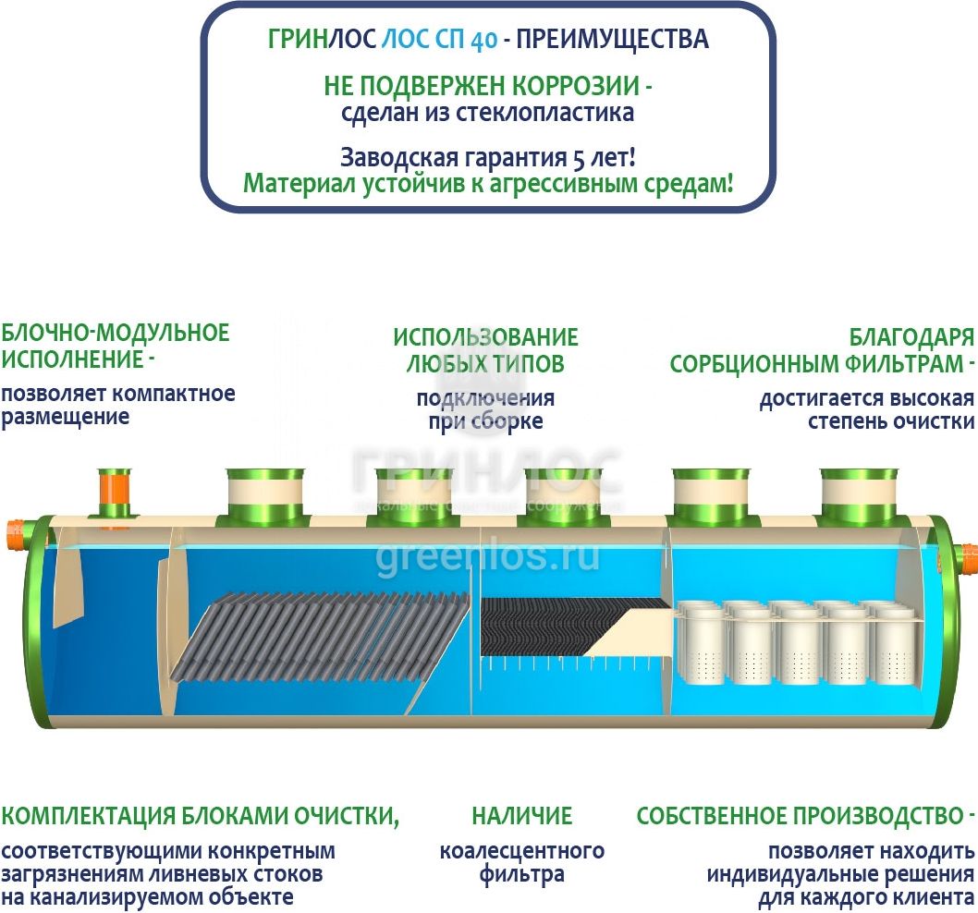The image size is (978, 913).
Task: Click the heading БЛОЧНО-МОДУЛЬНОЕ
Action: (116, 333)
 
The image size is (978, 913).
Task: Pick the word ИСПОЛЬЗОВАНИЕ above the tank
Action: (485, 336)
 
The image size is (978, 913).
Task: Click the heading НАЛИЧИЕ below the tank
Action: (522, 816)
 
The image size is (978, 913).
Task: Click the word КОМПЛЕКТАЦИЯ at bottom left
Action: (86, 816)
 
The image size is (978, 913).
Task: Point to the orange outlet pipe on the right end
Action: (968, 559)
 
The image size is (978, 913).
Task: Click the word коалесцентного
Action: (522, 850)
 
